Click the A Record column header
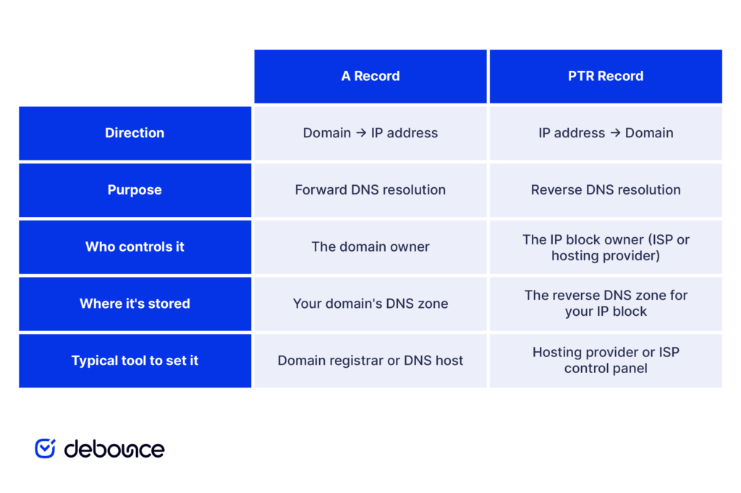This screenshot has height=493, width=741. [370, 76]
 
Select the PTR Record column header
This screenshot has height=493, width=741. [606, 76]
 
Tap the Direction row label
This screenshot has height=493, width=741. [135, 133]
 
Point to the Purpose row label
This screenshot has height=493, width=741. [135, 190]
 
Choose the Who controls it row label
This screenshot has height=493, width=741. [135, 247]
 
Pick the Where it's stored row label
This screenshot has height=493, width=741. [135, 304]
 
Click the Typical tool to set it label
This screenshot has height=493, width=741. [135, 361]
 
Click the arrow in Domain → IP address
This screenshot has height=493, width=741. [361, 133]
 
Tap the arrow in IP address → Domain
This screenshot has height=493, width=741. [615, 133]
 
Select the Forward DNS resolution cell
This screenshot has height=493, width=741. [370, 190]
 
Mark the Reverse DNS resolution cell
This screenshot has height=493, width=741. [606, 190]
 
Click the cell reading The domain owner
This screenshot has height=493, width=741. [370, 247]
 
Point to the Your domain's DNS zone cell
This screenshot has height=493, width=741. [370, 304]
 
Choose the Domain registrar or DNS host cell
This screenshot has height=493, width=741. [370, 361]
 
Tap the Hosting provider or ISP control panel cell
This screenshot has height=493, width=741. [606, 361]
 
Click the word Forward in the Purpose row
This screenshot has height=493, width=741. [321, 190]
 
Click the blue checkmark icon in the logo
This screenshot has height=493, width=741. [46, 448]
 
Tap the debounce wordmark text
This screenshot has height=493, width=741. [114, 449]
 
